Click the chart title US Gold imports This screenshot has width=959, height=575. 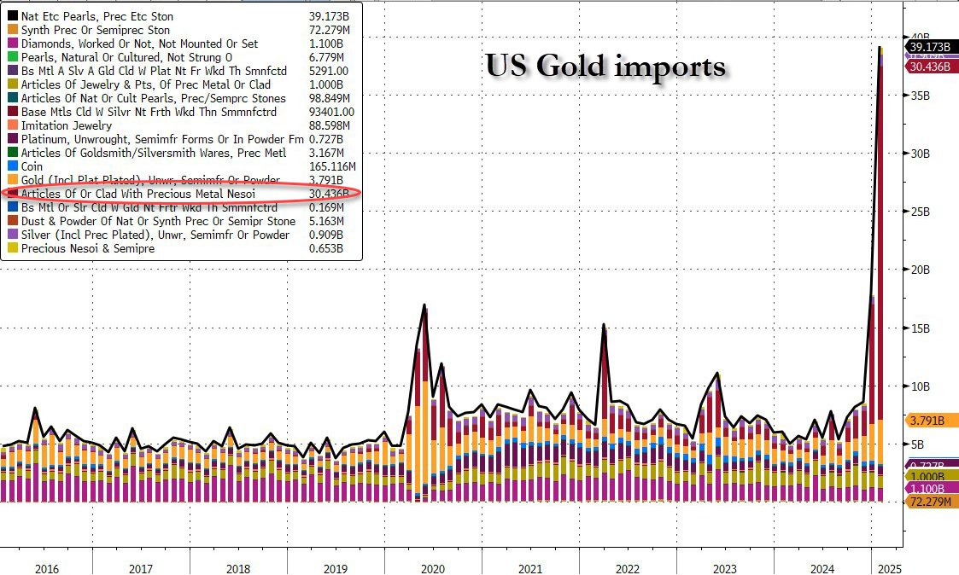click(x=605, y=66)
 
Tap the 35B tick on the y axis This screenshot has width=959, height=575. click(x=919, y=96)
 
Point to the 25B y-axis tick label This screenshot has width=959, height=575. click(x=919, y=212)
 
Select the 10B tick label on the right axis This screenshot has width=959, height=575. click(x=919, y=386)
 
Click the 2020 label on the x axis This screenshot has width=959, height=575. click(x=433, y=568)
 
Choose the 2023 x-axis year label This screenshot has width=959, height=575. click(x=725, y=568)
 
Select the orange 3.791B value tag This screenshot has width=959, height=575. click(x=927, y=421)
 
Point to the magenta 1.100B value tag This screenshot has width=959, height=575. click(x=927, y=489)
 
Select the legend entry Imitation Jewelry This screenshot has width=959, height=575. click(x=66, y=125)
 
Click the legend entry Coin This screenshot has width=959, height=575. click(x=32, y=166)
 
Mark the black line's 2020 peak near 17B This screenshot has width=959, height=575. click(x=424, y=305)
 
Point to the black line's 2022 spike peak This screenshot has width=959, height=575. click(x=604, y=324)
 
